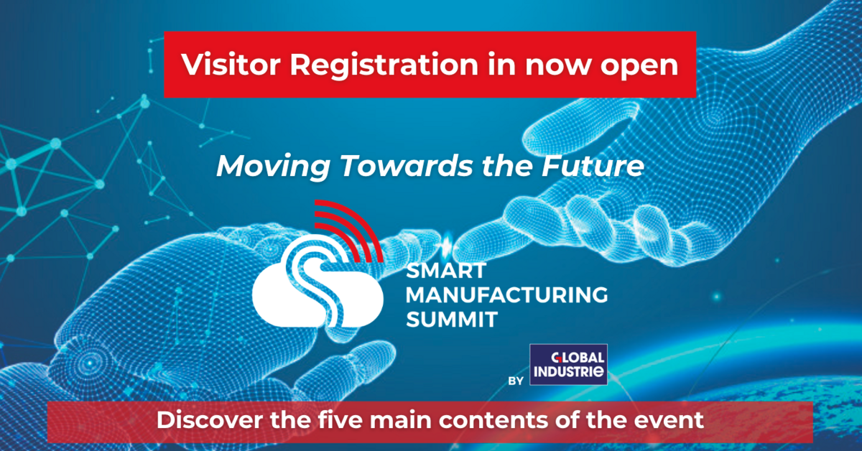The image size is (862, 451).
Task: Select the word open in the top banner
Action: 636,65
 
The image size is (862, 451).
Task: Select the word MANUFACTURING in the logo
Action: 506,295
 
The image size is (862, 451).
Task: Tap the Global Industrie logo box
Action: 568,365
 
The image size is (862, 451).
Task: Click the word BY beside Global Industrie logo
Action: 515,381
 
